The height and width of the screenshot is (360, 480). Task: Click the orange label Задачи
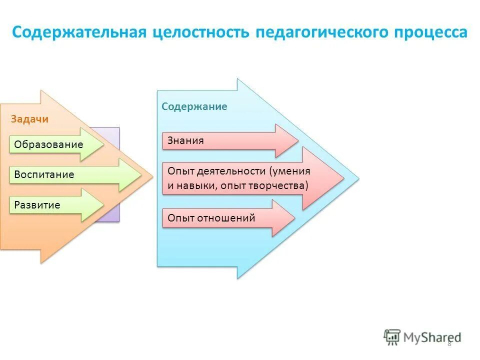click(29, 119)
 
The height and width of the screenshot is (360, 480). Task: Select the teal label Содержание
click(194, 106)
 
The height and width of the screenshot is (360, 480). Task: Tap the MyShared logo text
click(432, 337)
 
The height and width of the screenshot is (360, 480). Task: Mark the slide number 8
click(449, 343)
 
